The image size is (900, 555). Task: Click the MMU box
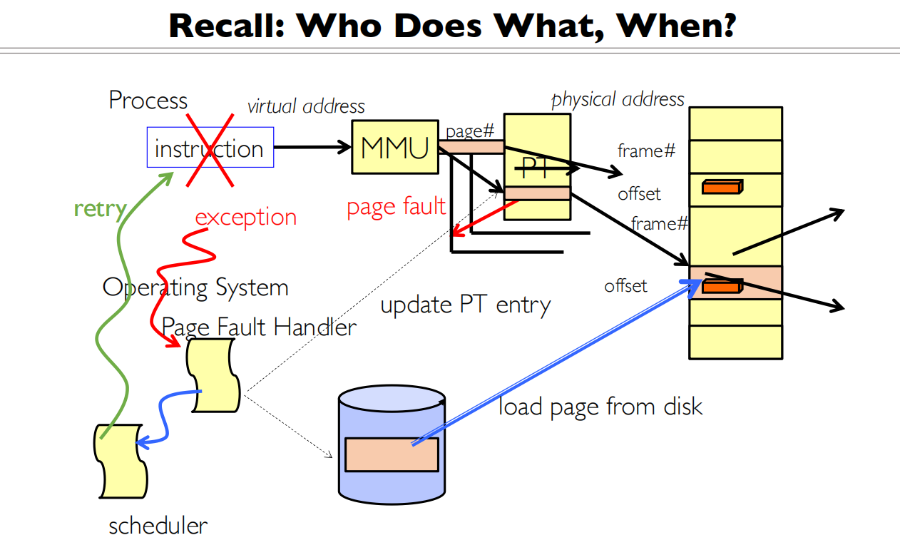pyautogui.click(x=394, y=147)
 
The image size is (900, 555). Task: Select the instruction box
pyautogui.click(x=210, y=148)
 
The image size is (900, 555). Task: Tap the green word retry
pyautogui.click(x=100, y=209)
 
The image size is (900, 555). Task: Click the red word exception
pyautogui.click(x=245, y=217)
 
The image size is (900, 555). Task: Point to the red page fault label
pyautogui.click(x=396, y=207)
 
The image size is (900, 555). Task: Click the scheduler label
pyautogui.click(x=158, y=526)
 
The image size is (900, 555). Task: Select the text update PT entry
pyautogui.click(x=466, y=305)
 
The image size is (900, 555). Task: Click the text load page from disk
pyautogui.click(x=600, y=407)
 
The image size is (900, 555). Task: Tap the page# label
pyautogui.click(x=469, y=131)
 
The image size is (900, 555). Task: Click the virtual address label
pyautogui.click(x=306, y=107)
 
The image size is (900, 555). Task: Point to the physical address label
pyautogui.click(x=618, y=99)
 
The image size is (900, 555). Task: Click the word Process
pyautogui.click(x=148, y=100)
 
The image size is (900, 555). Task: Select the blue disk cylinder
pyautogui.click(x=392, y=442)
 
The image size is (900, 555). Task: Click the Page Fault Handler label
pyautogui.click(x=259, y=327)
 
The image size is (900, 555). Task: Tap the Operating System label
pyautogui.click(x=195, y=287)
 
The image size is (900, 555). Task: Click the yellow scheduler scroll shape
pyautogui.click(x=120, y=461)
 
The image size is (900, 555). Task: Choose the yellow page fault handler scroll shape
pyautogui.click(x=213, y=375)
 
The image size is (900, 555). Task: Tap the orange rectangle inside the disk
pyautogui.click(x=392, y=454)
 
